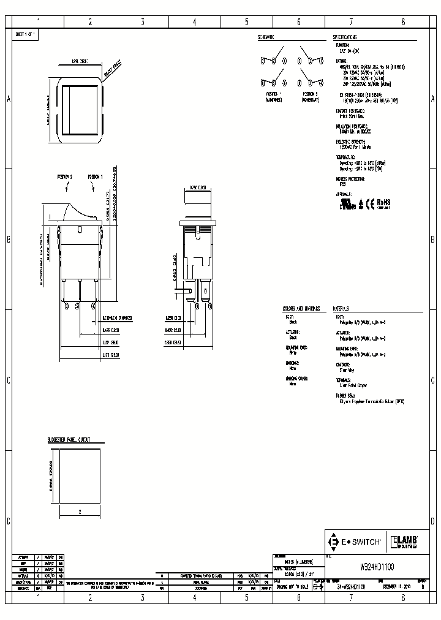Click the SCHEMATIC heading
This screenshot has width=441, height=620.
(x=265, y=37)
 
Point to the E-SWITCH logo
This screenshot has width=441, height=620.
(x=356, y=542)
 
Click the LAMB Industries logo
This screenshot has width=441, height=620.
(x=404, y=542)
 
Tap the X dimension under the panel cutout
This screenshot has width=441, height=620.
(x=80, y=510)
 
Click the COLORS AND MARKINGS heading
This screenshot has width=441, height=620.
(x=301, y=309)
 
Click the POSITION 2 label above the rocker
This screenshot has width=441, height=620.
(x=65, y=176)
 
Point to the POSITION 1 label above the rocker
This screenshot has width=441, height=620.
(x=95, y=176)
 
